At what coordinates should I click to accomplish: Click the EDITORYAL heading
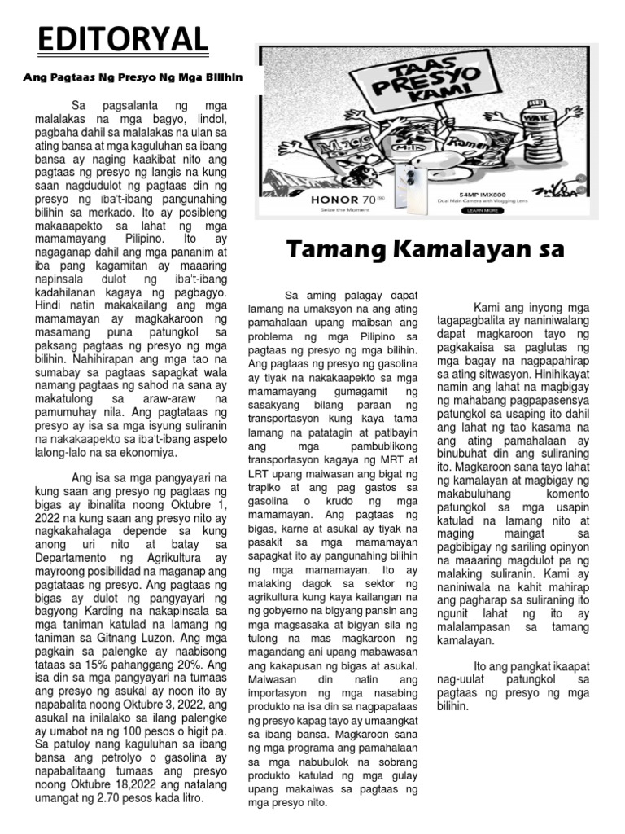click(123, 37)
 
